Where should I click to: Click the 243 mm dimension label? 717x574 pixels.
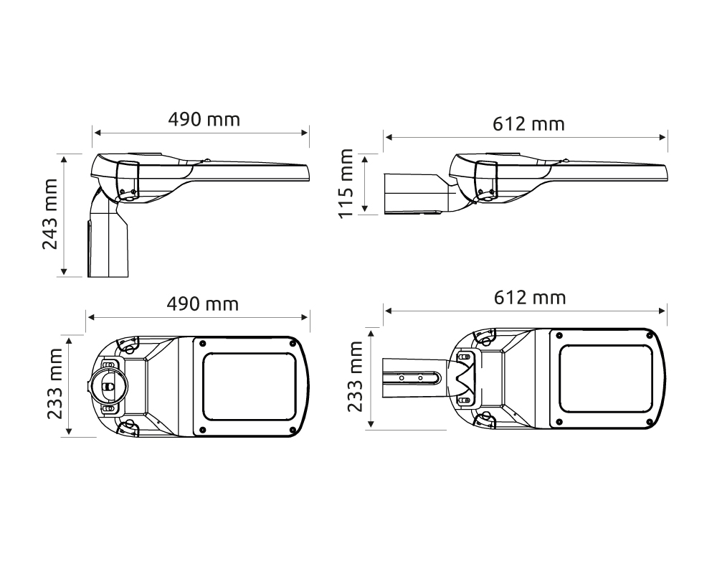pyautogui.click(x=50, y=215)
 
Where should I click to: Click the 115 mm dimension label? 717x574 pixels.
pyautogui.click(x=346, y=184)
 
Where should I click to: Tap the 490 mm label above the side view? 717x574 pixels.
pyautogui.click(x=204, y=120)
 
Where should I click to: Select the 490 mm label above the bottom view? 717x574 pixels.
pyautogui.click(x=203, y=304)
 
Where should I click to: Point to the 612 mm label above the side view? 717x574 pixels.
pyautogui.click(x=528, y=124)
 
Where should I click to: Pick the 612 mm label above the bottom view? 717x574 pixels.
pyautogui.click(x=530, y=298)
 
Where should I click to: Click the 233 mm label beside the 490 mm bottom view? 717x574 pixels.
pyautogui.click(x=55, y=384)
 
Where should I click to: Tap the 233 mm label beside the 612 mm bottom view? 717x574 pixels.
pyautogui.click(x=355, y=377)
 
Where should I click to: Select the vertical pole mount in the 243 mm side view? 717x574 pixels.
pyautogui.click(x=108, y=238)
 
